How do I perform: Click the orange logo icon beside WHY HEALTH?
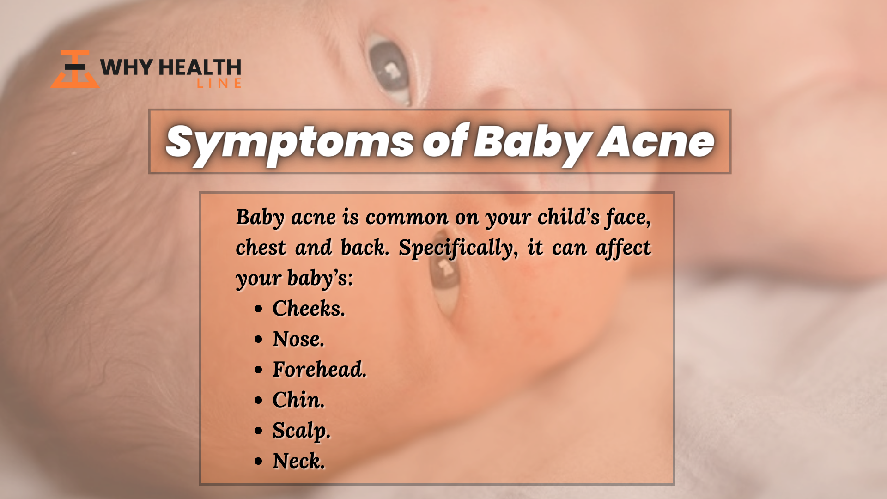(x=75, y=69)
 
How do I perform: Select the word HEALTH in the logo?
(x=200, y=67)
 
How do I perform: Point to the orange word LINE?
(x=219, y=83)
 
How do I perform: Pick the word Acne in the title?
(x=656, y=141)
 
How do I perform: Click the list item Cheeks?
(x=309, y=308)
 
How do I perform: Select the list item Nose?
(x=298, y=339)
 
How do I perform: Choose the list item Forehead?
(x=319, y=369)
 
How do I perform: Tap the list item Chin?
(x=298, y=400)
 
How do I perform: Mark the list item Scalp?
(x=302, y=431)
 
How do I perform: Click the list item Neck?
(x=298, y=461)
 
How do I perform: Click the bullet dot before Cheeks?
(x=258, y=309)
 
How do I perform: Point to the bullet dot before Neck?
(x=258, y=462)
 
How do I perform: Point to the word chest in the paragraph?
(x=261, y=247)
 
